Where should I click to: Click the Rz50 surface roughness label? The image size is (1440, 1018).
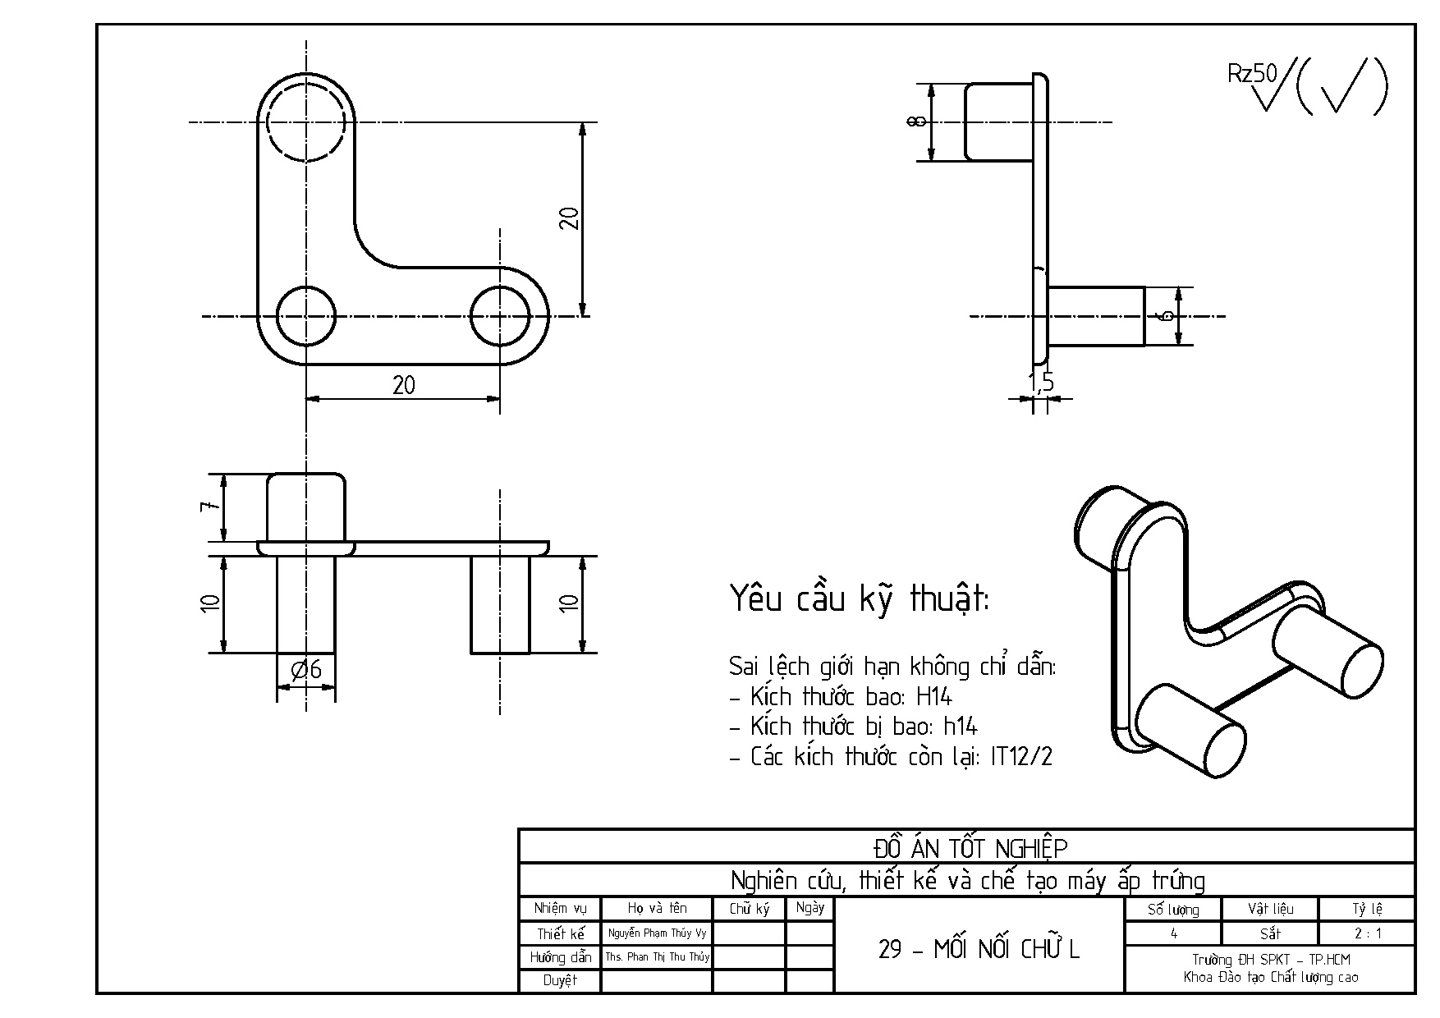(x=1252, y=74)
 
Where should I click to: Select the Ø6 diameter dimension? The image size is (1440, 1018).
(x=307, y=671)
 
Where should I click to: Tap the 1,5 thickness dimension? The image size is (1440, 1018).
(x=1040, y=381)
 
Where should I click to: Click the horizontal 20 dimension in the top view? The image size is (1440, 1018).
(x=403, y=385)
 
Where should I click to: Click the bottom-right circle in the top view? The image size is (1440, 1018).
(x=500, y=316)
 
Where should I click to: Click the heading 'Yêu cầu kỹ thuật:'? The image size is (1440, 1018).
(x=860, y=600)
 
